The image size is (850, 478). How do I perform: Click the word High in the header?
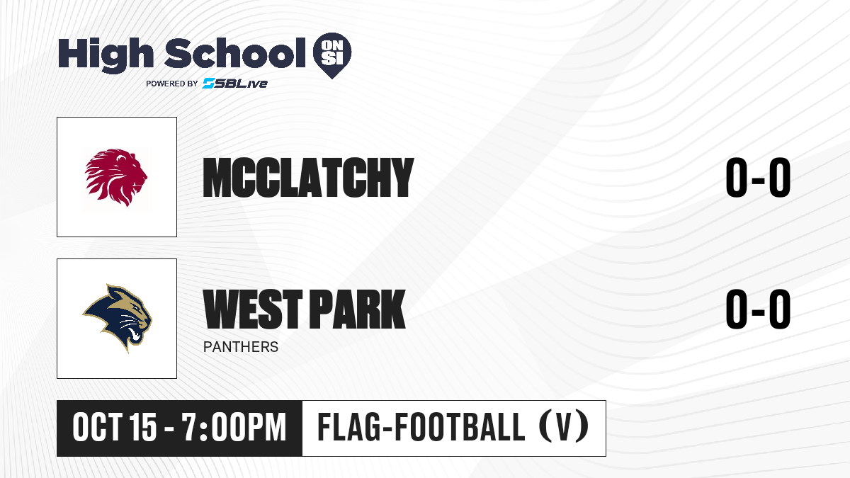coord(106,55)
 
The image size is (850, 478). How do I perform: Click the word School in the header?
coord(235,52)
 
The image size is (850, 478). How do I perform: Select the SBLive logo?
coord(235,83)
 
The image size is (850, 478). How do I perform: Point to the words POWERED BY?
coord(172,84)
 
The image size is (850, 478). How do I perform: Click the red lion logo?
coord(116,177)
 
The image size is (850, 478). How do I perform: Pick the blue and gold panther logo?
coord(118,318)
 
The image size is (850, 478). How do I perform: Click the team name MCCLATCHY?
coord(308,178)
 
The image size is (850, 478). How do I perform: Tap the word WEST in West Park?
coord(253,309)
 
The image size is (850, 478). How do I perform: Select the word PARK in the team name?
coord(358,309)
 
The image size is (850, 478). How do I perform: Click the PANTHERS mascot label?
coord(241,347)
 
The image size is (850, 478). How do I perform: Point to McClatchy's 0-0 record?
coord(758,178)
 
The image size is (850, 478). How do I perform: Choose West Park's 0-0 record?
coord(758,309)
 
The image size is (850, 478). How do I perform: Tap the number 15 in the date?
coord(142,428)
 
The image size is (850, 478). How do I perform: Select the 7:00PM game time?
coord(234,428)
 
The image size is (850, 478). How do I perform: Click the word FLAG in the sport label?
coord(349,427)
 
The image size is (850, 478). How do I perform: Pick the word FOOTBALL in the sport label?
coord(460,427)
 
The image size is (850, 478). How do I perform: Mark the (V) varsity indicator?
coord(564,427)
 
